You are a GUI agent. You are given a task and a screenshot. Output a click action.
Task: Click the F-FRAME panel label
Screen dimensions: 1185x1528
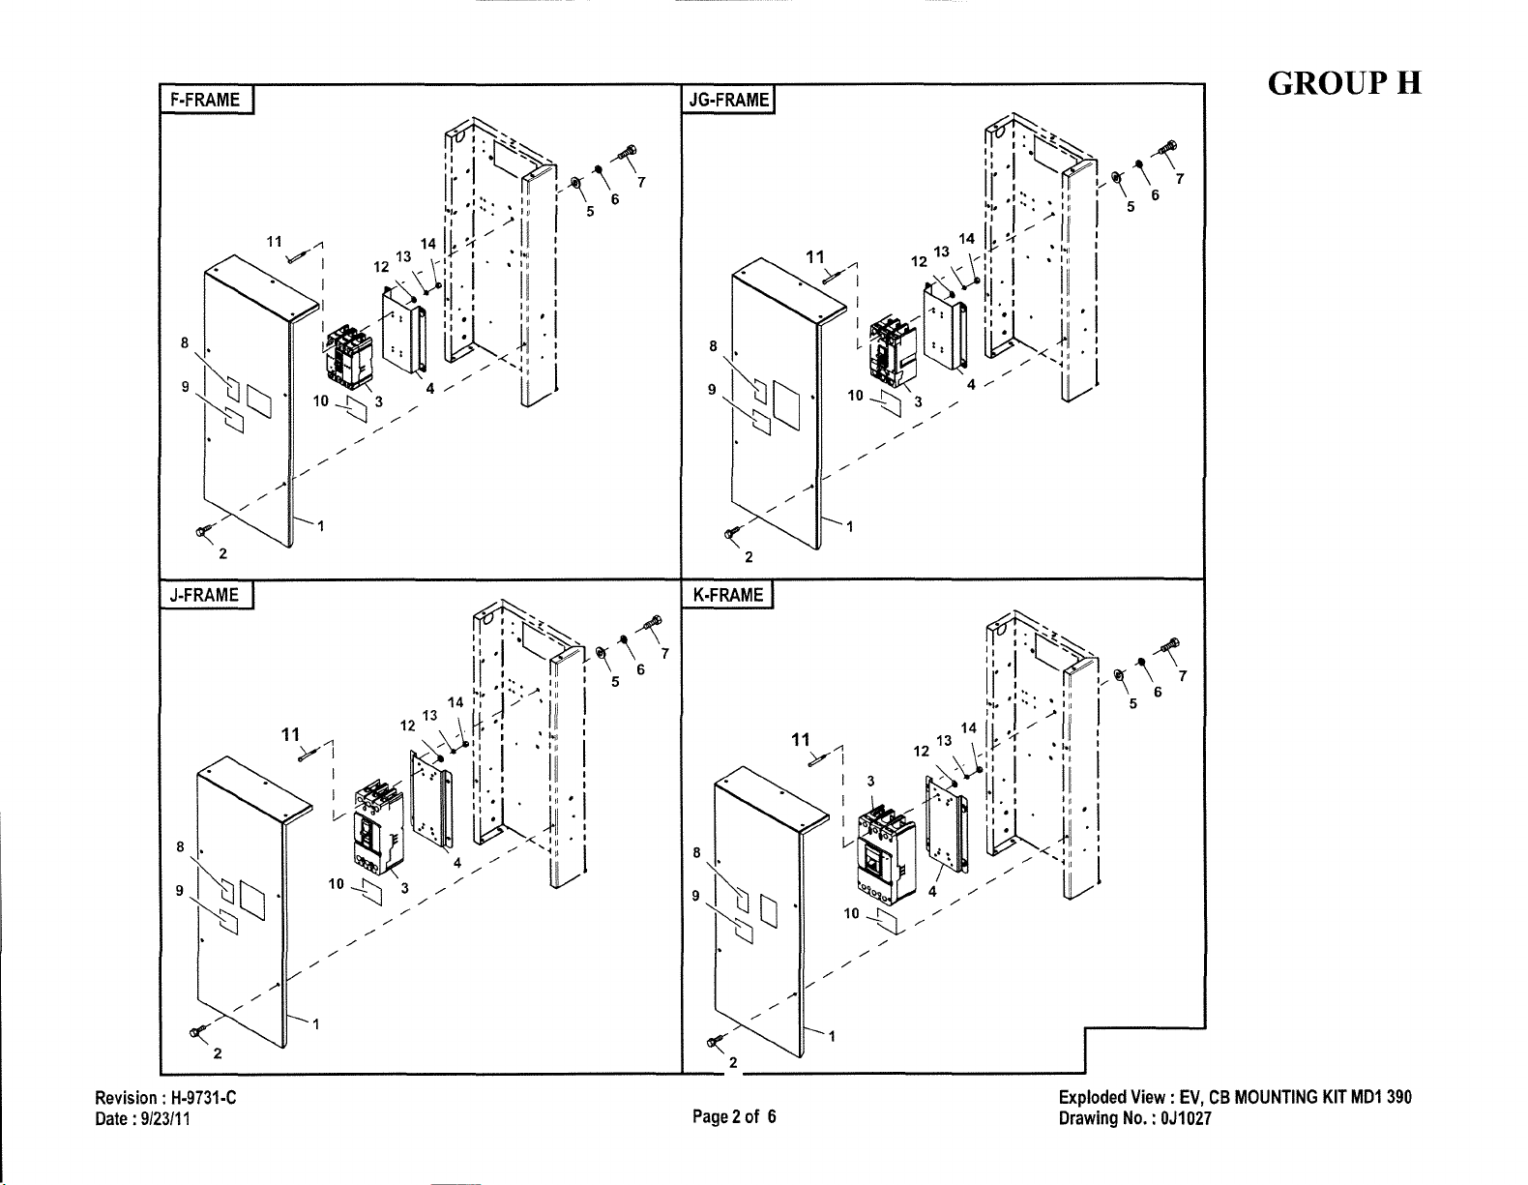[206, 100]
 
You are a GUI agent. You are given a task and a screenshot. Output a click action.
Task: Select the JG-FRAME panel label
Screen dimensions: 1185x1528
[727, 100]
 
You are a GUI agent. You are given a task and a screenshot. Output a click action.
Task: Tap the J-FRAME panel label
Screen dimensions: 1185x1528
[204, 595]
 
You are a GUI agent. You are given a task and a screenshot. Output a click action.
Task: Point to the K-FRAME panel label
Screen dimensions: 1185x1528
[728, 595]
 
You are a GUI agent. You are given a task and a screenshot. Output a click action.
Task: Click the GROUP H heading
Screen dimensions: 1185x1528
[1344, 83]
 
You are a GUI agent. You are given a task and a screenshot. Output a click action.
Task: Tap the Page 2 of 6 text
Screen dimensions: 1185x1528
[734, 1116]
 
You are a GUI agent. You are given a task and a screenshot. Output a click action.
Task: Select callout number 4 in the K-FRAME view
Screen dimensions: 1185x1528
[932, 893]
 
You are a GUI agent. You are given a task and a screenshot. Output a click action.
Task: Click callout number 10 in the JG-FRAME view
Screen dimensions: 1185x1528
[855, 395]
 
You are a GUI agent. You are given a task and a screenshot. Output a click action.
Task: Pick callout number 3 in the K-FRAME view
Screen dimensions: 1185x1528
[870, 781]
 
